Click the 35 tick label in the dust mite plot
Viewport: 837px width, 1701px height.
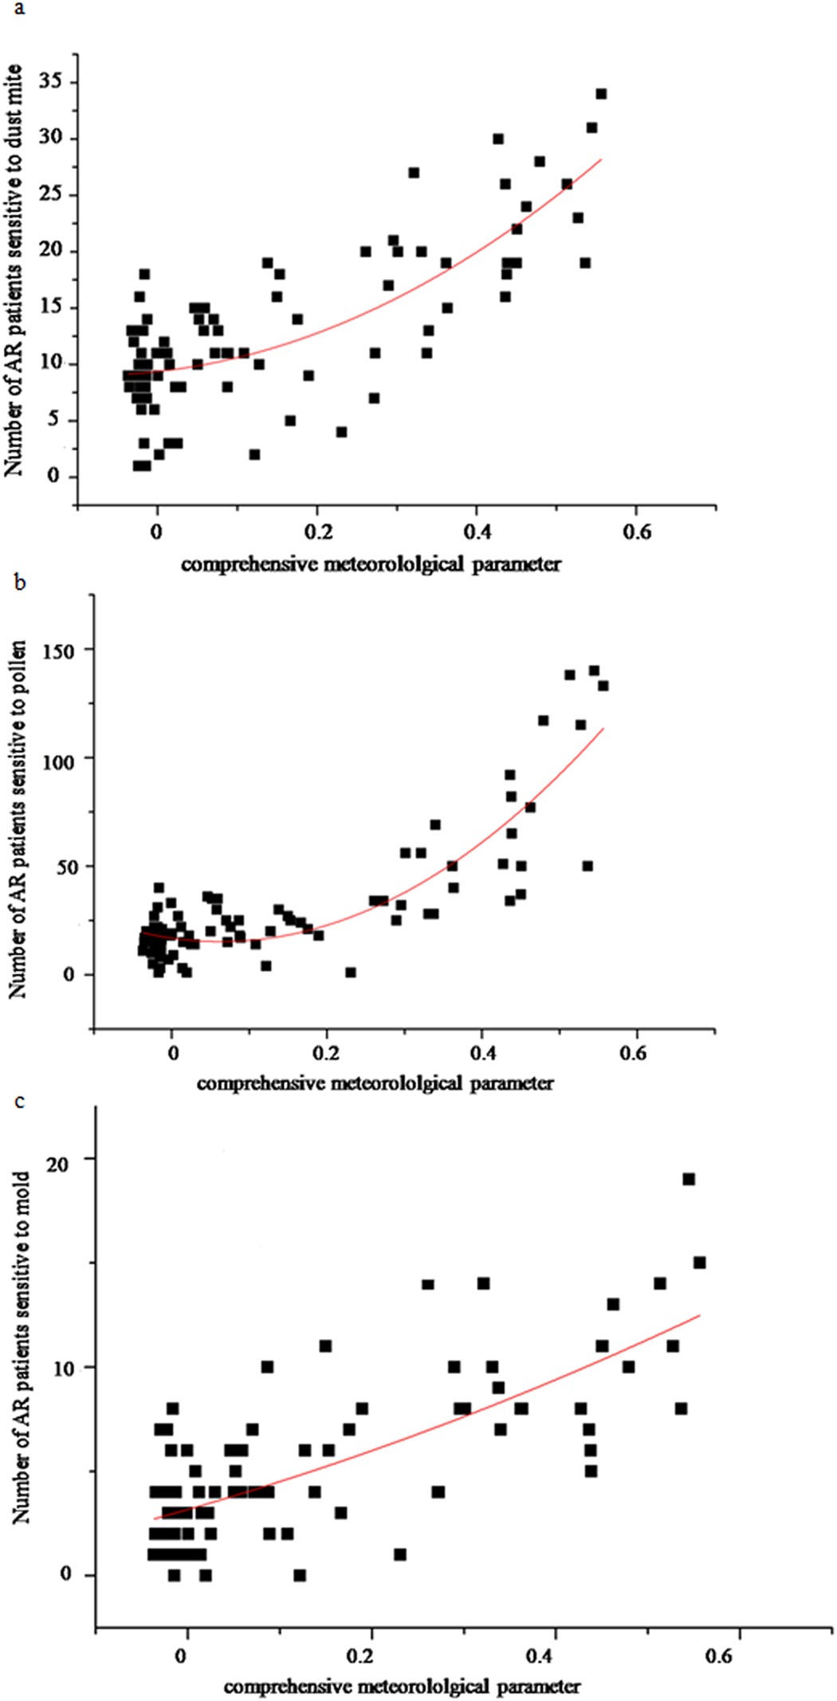click(50, 82)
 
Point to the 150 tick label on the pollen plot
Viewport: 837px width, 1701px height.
click(58, 651)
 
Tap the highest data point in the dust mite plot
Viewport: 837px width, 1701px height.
click(601, 94)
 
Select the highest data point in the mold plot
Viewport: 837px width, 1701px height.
click(689, 1179)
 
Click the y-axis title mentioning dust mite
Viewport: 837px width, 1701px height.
click(14, 271)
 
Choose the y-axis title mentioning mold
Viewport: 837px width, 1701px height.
click(21, 1347)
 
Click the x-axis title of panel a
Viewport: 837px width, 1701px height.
click(371, 565)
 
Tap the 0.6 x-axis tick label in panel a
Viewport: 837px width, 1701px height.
click(635, 532)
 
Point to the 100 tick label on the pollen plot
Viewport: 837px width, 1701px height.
click(58, 760)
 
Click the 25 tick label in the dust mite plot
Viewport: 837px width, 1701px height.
click(50, 195)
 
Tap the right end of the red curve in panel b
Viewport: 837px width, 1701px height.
click(603, 728)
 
